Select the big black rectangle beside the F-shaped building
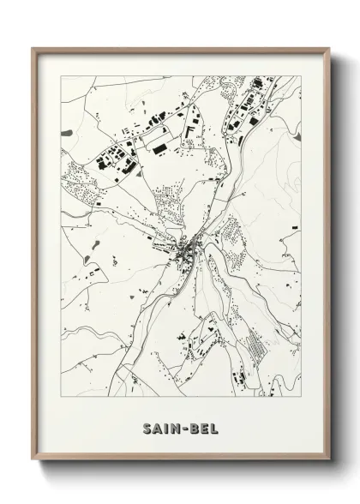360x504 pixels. coord(160,147)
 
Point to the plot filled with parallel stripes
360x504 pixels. coord(255,347)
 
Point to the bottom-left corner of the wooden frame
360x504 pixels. coord(33,461)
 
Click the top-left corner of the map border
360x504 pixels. coord(61,76)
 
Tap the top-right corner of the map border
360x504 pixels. coord(301,76)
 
